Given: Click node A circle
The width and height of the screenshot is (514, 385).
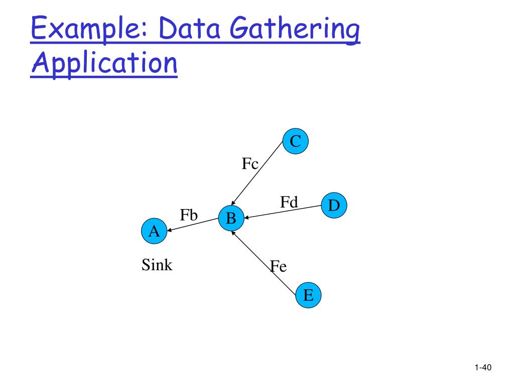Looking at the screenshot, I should pyautogui.click(x=154, y=231).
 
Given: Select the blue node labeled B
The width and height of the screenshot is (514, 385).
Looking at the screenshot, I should pyautogui.click(x=231, y=218).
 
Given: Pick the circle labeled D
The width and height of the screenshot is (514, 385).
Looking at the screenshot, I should pyautogui.click(x=334, y=206).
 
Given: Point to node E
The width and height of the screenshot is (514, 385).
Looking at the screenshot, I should pyautogui.click(x=308, y=295).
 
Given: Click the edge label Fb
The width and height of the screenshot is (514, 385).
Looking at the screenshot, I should pyautogui.click(x=189, y=215).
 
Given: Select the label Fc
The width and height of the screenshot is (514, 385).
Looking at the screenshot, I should pyautogui.click(x=250, y=164).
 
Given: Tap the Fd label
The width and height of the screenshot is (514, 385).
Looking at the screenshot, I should pyautogui.click(x=289, y=202).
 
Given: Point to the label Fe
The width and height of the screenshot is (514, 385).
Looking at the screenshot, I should pyautogui.click(x=278, y=266).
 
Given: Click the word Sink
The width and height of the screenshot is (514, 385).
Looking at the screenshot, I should pyautogui.click(x=157, y=265).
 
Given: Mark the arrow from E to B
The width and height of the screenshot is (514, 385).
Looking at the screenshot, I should pyautogui.click(x=264, y=261).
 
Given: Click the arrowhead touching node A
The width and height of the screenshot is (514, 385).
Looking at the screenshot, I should pyautogui.click(x=170, y=231).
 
